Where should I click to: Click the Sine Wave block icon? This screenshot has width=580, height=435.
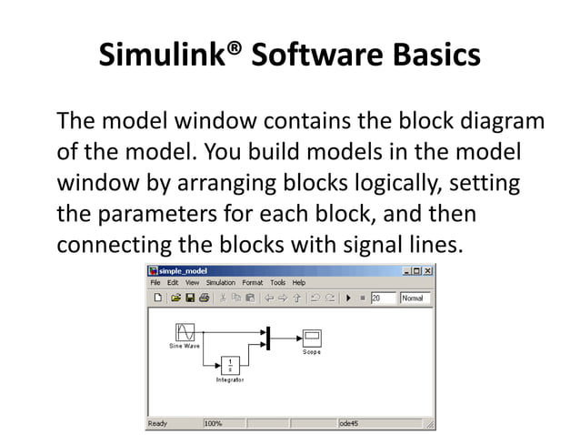pyautogui.click(x=185, y=333)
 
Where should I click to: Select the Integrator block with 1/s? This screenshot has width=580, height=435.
pyautogui.click(x=229, y=365)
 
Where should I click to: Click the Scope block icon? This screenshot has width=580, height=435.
pyautogui.click(x=312, y=339)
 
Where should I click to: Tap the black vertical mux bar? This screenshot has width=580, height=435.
pyautogui.click(x=269, y=339)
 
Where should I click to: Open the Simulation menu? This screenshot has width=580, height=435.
pyautogui.click(x=221, y=283)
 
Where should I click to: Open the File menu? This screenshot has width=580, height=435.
pyautogui.click(x=155, y=283)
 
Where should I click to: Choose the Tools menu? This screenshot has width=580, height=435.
pyautogui.click(x=278, y=283)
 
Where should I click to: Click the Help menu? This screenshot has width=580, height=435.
pyautogui.click(x=298, y=283)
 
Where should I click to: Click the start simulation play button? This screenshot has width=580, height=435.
pyautogui.click(x=347, y=298)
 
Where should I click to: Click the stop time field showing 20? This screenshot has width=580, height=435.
pyautogui.click(x=382, y=298)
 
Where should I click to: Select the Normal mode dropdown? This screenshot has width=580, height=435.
pyautogui.click(x=415, y=298)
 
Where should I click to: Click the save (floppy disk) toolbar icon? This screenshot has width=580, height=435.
pyautogui.click(x=190, y=298)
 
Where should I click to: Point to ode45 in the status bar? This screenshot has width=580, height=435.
pyautogui.click(x=350, y=423)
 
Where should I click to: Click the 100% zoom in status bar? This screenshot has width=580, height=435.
pyautogui.click(x=214, y=423)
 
